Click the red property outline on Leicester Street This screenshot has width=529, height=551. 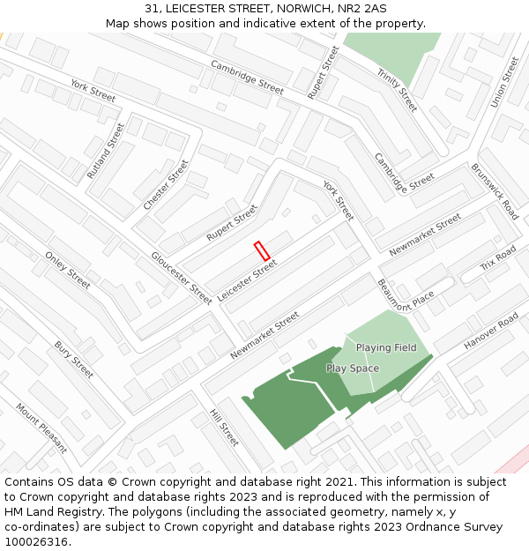(x=262, y=250)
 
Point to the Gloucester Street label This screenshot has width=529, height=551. (x=182, y=278)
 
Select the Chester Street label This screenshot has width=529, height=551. (x=166, y=184)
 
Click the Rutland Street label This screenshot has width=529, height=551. (x=107, y=151)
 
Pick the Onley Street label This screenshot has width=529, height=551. (x=68, y=270)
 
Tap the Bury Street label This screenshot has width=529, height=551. (x=73, y=360)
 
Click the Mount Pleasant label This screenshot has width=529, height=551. (x=41, y=428)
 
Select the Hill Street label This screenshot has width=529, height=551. (x=224, y=427)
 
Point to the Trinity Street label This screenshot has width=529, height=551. (x=397, y=90)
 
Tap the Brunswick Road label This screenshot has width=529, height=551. (x=495, y=190)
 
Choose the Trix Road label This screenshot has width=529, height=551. (x=497, y=260)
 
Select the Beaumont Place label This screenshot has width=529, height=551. (x=406, y=294)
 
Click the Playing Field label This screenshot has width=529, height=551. (x=386, y=347)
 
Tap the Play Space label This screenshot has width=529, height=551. (x=353, y=369)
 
